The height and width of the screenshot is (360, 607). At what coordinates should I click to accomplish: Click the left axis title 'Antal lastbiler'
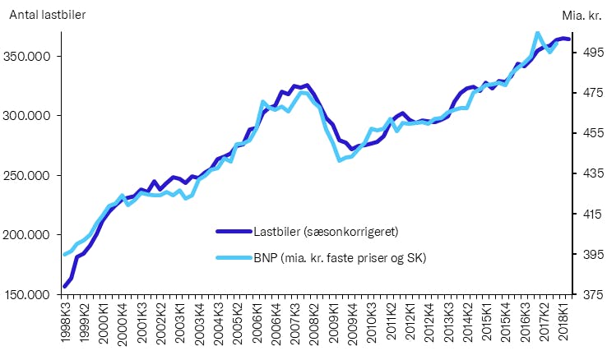coord(47,15)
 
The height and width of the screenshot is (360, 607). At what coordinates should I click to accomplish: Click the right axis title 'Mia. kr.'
coord(582,15)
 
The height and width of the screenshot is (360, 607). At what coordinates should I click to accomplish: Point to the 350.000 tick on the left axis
coord(31,57)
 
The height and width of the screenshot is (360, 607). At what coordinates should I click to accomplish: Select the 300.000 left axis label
coord(31,116)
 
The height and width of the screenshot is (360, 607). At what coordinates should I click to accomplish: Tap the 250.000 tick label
coord(31,176)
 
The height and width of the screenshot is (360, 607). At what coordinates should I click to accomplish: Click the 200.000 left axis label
coord(31,235)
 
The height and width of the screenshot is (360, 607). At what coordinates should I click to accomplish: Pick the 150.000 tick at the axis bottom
coord(31,294)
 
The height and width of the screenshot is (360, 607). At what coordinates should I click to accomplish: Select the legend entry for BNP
coord(345,258)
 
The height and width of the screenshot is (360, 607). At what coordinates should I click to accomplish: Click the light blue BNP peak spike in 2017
coord(537,34)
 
